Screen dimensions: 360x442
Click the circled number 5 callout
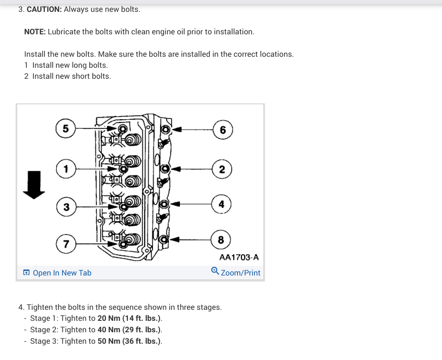[x=66, y=129]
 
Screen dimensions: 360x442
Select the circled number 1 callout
[x=66, y=168]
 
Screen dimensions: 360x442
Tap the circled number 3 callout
[x=66, y=206]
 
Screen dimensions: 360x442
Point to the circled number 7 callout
[x=66, y=244]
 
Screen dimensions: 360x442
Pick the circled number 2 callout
[x=222, y=169]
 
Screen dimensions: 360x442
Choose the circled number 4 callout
[x=221, y=204]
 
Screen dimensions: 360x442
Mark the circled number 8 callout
[x=221, y=240]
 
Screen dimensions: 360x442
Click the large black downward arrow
[x=34, y=185]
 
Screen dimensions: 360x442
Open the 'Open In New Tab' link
[x=62, y=273]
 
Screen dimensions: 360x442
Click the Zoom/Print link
[x=241, y=273]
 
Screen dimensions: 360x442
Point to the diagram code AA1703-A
[x=239, y=257]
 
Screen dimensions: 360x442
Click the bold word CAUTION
[x=44, y=9]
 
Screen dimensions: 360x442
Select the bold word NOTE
[x=35, y=32]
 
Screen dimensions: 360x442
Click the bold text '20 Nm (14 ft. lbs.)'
[x=130, y=318]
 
